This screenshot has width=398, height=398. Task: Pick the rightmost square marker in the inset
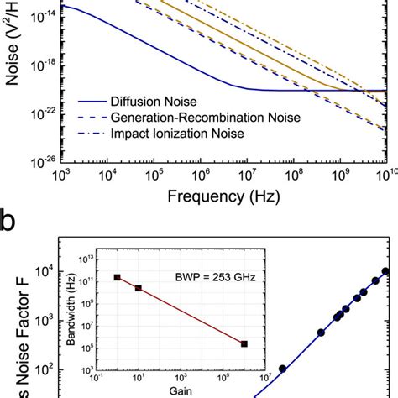[244, 343]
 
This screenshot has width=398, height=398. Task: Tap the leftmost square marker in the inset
[118, 278]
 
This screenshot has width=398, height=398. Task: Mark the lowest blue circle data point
[282, 369]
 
